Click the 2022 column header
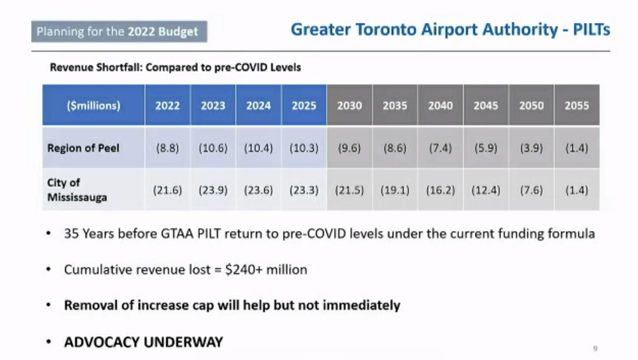[x=167, y=106]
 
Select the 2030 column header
[x=350, y=106]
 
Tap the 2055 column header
[x=577, y=106]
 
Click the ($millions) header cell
[x=93, y=106]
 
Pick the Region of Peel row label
[x=83, y=148]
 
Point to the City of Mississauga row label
[x=77, y=190]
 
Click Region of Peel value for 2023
[x=213, y=148]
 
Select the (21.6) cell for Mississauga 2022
[x=167, y=190]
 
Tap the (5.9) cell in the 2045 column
[x=486, y=148]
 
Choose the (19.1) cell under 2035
[x=395, y=190]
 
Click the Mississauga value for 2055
[x=577, y=190]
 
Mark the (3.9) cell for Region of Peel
[x=531, y=148]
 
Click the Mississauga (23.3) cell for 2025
[x=304, y=190]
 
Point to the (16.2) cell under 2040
[x=440, y=190]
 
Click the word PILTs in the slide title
[x=591, y=29]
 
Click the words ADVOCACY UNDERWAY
[x=143, y=342]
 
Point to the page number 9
[x=595, y=348]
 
